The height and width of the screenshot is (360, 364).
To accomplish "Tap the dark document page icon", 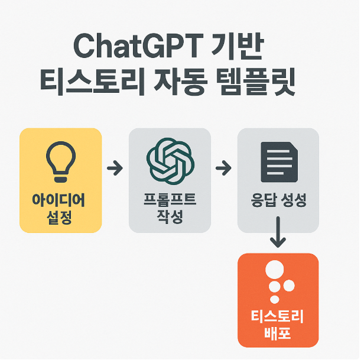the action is coord(278,161).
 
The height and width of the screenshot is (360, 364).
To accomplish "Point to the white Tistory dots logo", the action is coord(278,281).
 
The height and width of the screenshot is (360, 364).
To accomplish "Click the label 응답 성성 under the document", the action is coord(278,201).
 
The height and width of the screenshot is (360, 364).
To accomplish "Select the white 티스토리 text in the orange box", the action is coord(278,319).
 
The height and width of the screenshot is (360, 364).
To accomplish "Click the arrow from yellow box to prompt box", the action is coord(115,169).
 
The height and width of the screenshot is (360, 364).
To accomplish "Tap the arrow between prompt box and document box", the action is coord(223,169).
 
